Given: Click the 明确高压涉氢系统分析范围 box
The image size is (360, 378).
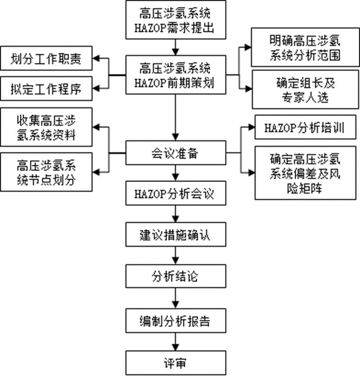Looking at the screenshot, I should click(x=304, y=48).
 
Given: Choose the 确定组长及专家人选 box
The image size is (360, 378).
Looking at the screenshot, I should click(x=304, y=89).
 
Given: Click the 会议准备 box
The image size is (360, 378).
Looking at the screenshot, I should click(x=175, y=154).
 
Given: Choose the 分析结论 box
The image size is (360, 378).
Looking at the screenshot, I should click(x=175, y=274).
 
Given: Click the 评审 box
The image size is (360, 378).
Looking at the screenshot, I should click(x=175, y=362).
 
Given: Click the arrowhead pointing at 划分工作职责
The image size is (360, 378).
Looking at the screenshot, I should click(x=97, y=59).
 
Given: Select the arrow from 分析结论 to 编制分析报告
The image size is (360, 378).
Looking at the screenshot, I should click(x=175, y=298).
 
